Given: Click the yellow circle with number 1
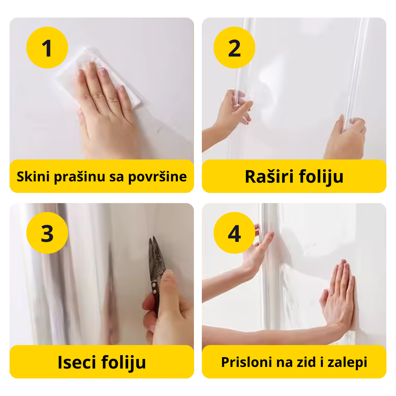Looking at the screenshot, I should point(47,48).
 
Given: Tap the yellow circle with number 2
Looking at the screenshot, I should point(234,48).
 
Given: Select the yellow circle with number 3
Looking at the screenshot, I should point(47,233).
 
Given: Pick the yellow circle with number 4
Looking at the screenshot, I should point(234,233).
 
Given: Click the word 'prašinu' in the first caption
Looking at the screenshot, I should point(79,177).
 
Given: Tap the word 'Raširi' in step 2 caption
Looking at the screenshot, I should point(269,176).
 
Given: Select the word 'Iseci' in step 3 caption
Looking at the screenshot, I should point(77,362).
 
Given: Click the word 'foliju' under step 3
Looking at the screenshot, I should point(124,362).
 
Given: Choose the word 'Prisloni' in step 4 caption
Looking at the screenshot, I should point(247,362).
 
